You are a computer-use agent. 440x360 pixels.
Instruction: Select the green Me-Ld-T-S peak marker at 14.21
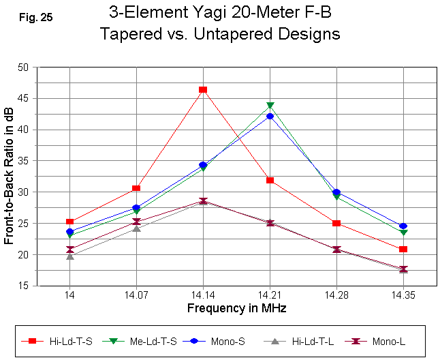270,106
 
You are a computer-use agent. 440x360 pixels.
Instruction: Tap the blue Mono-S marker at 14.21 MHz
270,117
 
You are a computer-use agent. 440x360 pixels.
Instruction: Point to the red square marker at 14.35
403,250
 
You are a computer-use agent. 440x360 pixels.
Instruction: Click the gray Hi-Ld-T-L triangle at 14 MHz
69,256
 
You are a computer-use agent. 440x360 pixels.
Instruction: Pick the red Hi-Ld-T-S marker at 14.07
136,188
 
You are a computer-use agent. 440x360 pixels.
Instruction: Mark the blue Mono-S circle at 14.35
403,226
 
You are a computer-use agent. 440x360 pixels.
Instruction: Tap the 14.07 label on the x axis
136,296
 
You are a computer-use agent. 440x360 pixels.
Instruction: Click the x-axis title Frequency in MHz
236,308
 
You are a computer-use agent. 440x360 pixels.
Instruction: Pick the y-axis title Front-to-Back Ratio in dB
10,177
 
